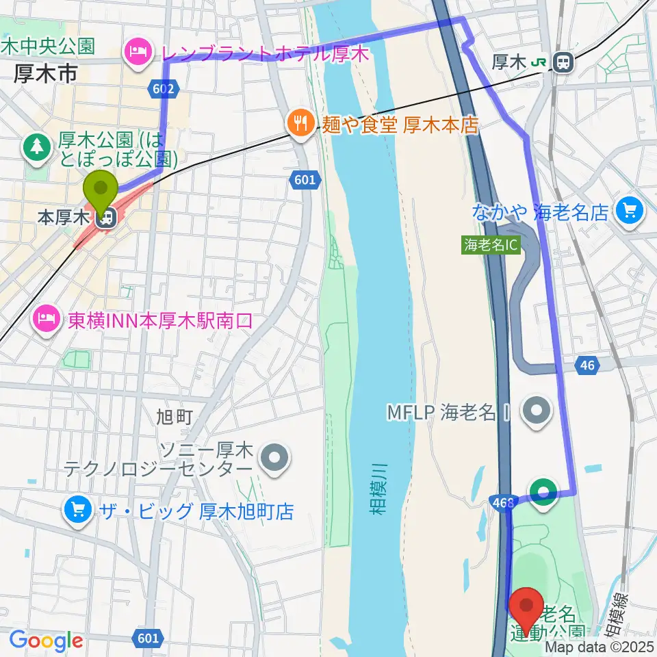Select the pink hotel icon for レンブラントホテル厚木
[x=138, y=52]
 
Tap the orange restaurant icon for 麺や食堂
[x=300, y=125]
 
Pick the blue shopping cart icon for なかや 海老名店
[x=629, y=211]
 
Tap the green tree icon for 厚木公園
[x=35, y=145]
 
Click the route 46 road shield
[x=587, y=365]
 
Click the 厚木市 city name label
[x=46, y=75]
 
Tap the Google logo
[x=47, y=641]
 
